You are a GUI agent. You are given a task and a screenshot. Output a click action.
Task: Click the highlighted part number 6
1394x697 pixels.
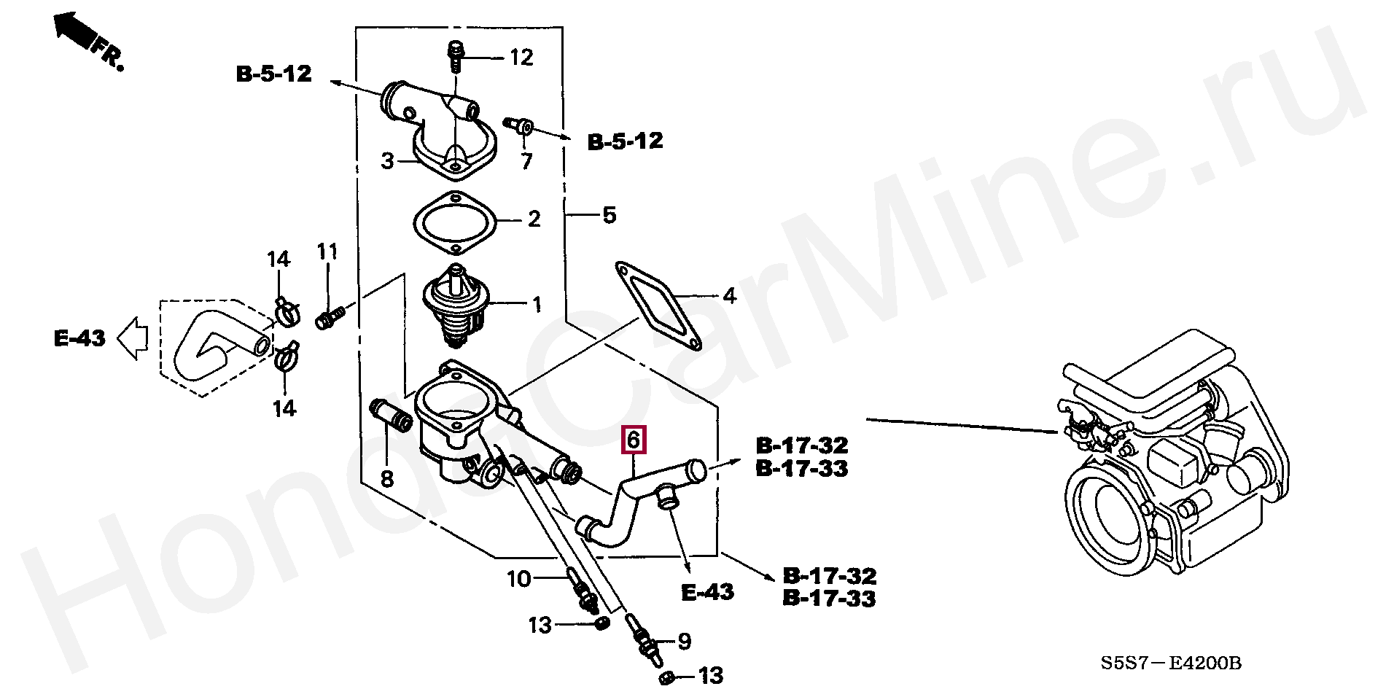(633, 440)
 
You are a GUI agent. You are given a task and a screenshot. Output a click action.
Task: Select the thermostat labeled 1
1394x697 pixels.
(456, 306)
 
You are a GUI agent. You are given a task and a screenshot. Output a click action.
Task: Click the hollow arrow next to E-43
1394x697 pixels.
(133, 339)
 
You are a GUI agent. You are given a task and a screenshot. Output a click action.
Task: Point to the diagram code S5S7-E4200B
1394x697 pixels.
(1170, 663)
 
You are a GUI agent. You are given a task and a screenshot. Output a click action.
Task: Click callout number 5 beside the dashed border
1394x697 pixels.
(610, 215)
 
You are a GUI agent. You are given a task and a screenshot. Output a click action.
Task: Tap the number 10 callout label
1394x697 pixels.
(519, 579)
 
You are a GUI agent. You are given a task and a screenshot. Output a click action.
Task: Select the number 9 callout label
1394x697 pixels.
(684, 641)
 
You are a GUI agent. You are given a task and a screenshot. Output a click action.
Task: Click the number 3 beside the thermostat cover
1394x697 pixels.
(388, 160)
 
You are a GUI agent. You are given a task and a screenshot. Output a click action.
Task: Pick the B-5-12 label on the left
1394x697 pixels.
(274, 74)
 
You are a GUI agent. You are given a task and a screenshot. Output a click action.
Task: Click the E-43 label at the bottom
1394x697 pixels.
(707, 592)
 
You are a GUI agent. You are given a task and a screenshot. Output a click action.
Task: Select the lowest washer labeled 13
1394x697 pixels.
(666, 679)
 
